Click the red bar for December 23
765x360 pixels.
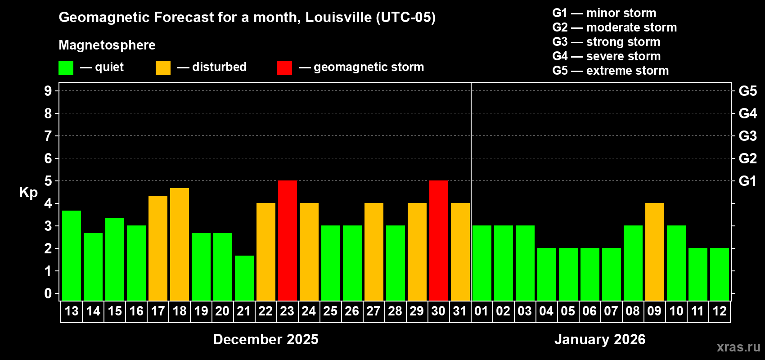tap(287, 240)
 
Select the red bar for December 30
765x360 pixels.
tap(438, 240)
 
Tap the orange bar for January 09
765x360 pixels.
tap(654, 252)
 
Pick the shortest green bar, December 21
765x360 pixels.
tap(244, 278)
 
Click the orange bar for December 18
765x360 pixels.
tap(179, 244)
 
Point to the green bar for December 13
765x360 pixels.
tap(71, 255)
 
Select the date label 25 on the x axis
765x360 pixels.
tap(330, 311)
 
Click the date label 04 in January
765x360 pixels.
tap(546, 311)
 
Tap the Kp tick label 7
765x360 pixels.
tap(48, 136)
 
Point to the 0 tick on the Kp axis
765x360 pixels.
tap(48, 293)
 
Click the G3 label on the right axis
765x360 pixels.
tap(747, 136)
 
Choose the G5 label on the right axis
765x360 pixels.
tap(747, 91)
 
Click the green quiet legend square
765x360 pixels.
tap(66, 68)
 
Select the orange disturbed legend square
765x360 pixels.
tap(163, 68)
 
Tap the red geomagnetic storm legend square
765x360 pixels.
tap(284, 68)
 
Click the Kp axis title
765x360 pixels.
tap(28, 192)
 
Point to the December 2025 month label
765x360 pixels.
tap(265, 339)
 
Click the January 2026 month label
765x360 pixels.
tap(600, 339)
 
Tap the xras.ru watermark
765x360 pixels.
tap(738, 347)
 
